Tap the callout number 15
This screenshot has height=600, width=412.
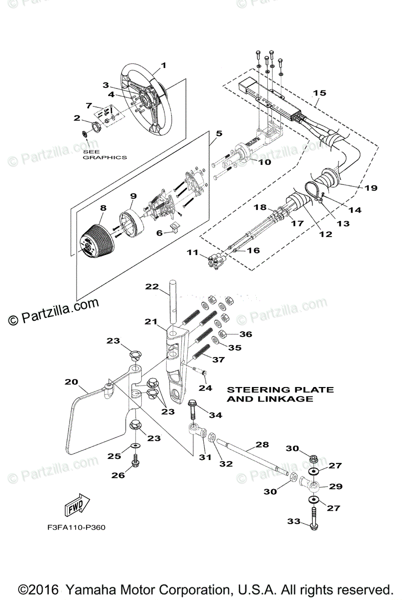(x=319, y=93)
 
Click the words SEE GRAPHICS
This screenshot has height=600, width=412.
(x=104, y=154)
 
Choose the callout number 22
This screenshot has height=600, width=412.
(x=152, y=286)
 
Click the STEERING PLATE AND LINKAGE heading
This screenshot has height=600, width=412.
(x=280, y=394)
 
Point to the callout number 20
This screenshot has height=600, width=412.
(x=71, y=382)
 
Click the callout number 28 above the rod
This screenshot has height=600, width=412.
(x=262, y=444)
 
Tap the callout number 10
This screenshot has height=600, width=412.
(x=264, y=162)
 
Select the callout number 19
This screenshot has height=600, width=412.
(x=370, y=188)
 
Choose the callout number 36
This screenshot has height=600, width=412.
(x=245, y=334)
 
